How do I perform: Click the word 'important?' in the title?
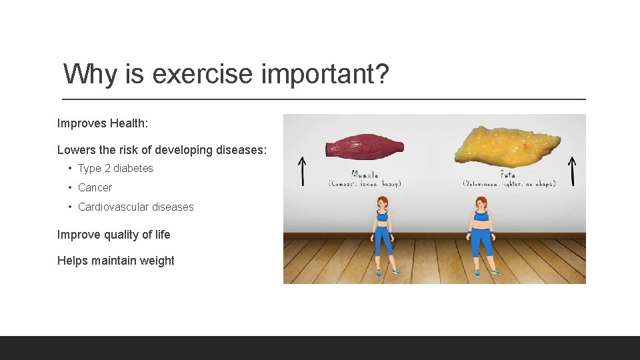(325, 74)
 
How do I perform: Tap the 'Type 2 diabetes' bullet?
(115, 169)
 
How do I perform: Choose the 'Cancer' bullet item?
(95, 188)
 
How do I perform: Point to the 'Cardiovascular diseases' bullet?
(135, 207)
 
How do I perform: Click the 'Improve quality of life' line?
(113, 235)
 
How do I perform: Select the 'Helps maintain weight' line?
(115, 261)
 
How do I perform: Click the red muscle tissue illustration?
(365, 147)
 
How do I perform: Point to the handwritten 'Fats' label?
(508, 175)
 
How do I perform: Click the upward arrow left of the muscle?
(301, 171)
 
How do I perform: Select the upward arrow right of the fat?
(571, 171)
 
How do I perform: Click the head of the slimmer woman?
(382, 203)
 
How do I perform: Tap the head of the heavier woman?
(481, 203)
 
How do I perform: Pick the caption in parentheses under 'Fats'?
(509, 183)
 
